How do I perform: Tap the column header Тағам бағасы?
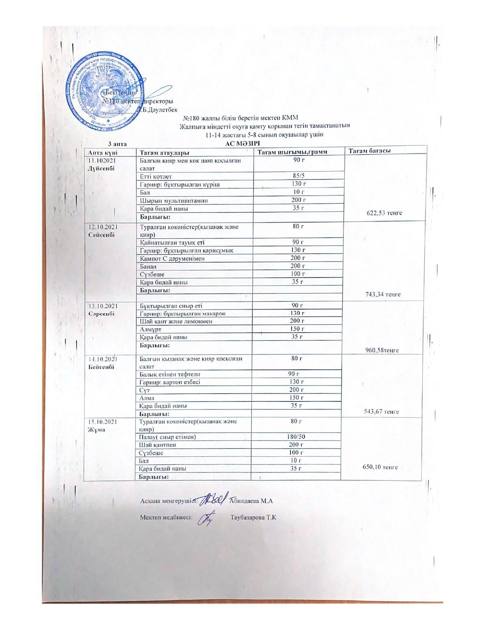click(x=369, y=151)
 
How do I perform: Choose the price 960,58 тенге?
click(x=382, y=350)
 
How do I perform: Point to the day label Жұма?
click(x=96, y=429)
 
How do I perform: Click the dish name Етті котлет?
click(x=156, y=177)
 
